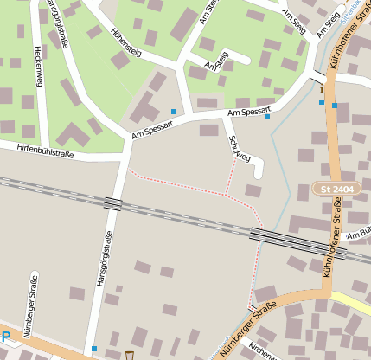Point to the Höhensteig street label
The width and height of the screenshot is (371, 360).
(x=126, y=42)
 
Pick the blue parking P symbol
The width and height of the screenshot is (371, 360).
(x=5, y=337)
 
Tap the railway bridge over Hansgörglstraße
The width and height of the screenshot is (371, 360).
(x=112, y=203)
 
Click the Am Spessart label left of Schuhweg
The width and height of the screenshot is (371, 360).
(x=153, y=131)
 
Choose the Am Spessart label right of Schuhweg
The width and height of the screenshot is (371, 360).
(x=249, y=112)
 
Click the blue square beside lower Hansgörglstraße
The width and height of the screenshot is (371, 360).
(x=93, y=349)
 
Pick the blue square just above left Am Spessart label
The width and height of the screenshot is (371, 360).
(x=174, y=112)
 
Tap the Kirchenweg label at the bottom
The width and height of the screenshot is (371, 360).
(x=262, y=350)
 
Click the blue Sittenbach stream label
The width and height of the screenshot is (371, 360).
(x=351, y=15)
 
